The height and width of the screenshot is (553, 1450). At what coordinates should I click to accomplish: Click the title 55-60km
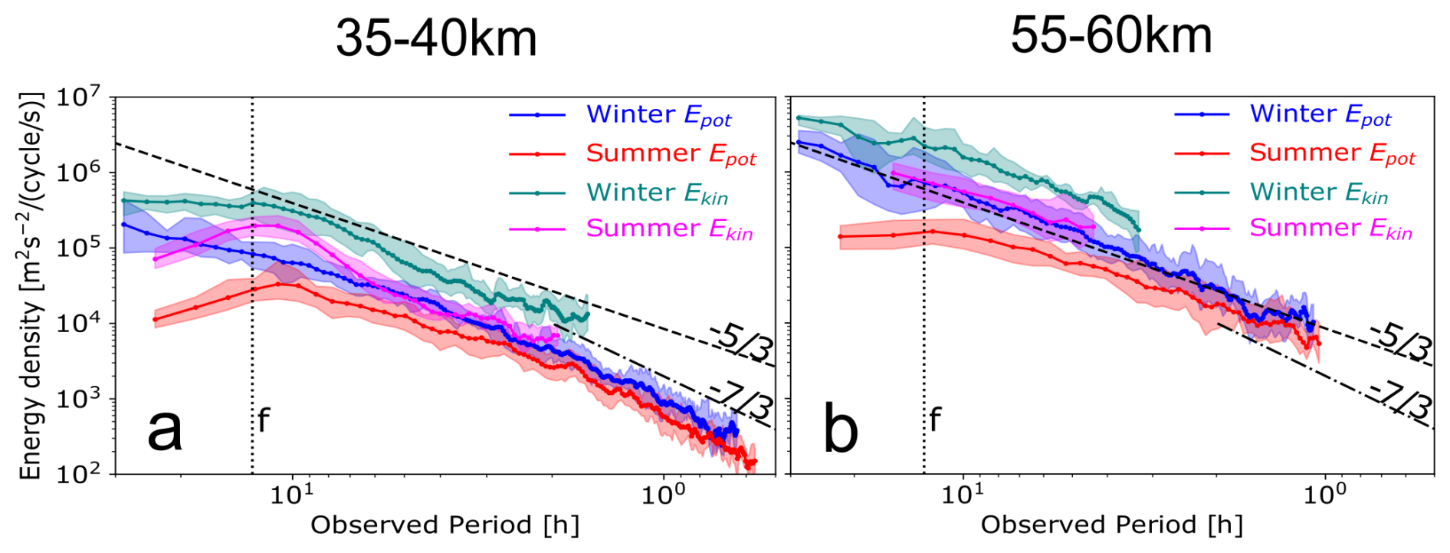point(1110,35)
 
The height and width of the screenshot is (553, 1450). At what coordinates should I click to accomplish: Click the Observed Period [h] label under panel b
point(1111,525)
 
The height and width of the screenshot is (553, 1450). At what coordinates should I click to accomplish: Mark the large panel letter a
point(165,430)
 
